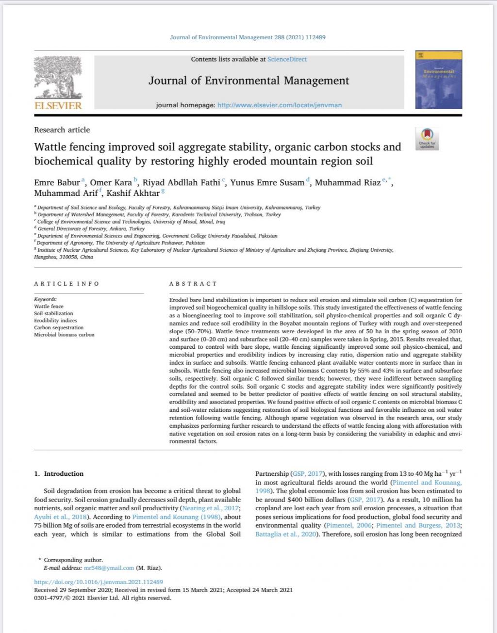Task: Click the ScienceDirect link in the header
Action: [287, 59]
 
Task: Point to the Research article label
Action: [62, 130]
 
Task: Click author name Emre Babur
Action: [57, 183]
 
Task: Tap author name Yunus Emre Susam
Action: [267, 183]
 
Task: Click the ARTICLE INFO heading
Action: [66, 284]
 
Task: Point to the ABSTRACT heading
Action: [193, 284]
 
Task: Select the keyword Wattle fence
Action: [49, 307]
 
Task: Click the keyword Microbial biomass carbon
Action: [64, 335]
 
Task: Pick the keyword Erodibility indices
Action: [55, 321]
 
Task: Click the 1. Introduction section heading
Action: [59, 473]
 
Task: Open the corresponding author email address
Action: [109, 568]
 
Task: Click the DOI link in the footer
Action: [99, 582]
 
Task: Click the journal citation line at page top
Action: [248, 37]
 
